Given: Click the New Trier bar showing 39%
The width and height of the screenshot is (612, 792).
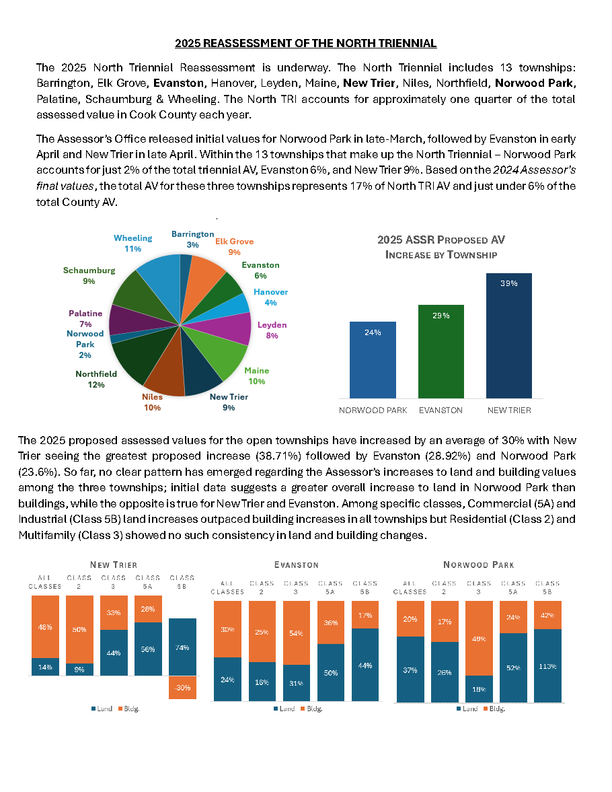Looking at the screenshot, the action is pyautogui.click(x=509, y=336).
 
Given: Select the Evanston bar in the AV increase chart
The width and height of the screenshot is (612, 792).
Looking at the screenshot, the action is pyautogui.click(x=441, y=351).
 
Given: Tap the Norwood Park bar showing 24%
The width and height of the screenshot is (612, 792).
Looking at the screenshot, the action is pyautogui.click(x=373, y=360).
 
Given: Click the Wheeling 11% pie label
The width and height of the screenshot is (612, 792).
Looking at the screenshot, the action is pyautogui.click(x=132, y=243).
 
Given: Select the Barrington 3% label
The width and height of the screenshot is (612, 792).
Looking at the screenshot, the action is pyautogui.click(x=192, y=240).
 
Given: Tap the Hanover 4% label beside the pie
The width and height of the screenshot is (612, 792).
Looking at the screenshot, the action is pyautogui.click(x=270, y=297).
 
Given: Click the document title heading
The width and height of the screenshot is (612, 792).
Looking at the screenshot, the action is pyautogui.click(x=305, y=44).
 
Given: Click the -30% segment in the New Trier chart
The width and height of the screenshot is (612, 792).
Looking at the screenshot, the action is pyautogui.click(x=182, y=688).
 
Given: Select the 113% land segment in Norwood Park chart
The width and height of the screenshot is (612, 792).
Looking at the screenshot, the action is pyautogui.click(x=547, y=665).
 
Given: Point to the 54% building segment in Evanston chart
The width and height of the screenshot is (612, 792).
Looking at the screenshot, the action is pyautogui.click(x=297, y=633).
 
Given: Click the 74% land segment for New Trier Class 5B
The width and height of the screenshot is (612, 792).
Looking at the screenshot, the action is pyautogui.click(x=182, y=647).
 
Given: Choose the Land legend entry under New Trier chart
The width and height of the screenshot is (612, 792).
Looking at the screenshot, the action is pyautogui.click(x=102, y=709).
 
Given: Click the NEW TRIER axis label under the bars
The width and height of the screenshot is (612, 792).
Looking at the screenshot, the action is pyautogui.click(x=509, y=410).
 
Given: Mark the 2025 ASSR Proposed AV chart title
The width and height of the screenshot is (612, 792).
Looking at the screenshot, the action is pyautogui.click(x=441, y=247).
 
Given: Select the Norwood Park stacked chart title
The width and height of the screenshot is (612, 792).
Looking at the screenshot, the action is pyautogui.click(x=479, y=565).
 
